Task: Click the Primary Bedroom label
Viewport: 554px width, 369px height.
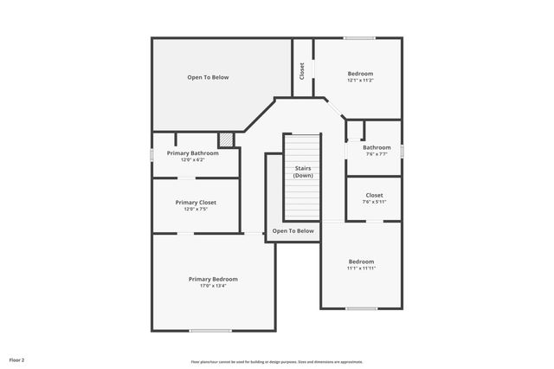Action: click(213, 279)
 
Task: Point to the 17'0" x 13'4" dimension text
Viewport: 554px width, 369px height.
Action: click(213, 286)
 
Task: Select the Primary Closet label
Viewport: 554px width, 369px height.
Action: click(196, 202)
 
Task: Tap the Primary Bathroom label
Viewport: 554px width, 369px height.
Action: click(192, 153)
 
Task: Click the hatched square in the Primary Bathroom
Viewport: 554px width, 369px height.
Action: click(226, 139)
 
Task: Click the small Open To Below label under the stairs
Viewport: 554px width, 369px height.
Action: click(293, 231)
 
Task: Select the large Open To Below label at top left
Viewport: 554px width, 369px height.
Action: click(208, 77)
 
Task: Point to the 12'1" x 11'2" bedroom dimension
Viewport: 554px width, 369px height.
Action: click(361, 81)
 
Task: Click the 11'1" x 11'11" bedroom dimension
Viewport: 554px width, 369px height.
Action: click(361, 269)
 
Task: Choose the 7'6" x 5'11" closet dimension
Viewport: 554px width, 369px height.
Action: click(374, 202)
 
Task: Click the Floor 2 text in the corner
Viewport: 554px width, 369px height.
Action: click(17, 359)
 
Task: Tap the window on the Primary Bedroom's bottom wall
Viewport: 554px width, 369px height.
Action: click(210, 330)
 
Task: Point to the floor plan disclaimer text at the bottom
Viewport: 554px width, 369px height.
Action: click(277, 361)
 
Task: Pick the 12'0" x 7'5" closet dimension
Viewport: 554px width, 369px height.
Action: click(196, 209)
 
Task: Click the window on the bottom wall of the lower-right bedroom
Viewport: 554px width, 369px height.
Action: click(361, 308)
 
